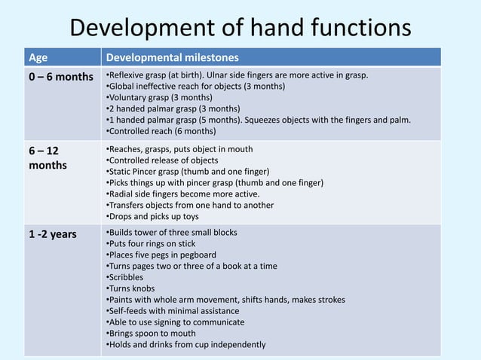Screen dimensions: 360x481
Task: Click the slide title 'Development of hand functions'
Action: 240,28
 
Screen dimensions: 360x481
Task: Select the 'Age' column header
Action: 37,58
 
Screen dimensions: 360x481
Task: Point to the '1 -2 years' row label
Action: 53,234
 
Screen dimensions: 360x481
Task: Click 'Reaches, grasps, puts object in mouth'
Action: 179,148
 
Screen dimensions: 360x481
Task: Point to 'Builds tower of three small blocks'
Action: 172,232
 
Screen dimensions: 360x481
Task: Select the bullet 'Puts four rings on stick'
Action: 152,243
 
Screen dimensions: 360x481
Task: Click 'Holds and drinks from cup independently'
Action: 185,345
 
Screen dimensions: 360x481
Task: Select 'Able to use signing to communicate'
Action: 175,322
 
